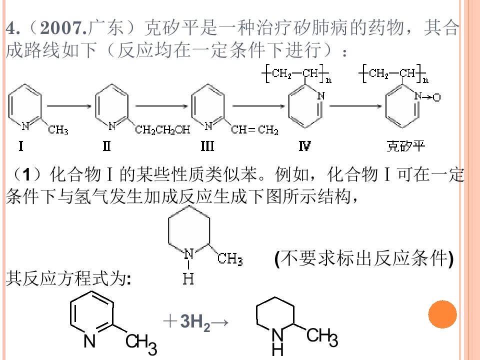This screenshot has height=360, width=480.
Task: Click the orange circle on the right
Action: [x=442, y=314]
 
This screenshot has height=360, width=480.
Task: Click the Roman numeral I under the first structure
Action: [x=21, y=146]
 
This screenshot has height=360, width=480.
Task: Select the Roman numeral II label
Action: [x=106, y=146]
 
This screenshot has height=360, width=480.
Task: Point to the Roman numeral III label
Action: [x=207, y=146]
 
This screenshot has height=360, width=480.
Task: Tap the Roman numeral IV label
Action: [x=305, y=146]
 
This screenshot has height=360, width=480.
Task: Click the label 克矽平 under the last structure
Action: [x=406, y=146]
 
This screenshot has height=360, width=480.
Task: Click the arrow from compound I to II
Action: [x=69, y=106]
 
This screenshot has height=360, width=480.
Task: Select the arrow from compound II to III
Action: [x=161, y=106]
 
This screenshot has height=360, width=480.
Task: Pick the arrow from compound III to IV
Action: [x=258, y=106]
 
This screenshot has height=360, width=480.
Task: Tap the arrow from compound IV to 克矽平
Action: [x=355, y=106]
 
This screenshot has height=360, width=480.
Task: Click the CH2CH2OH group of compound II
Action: [x=162, y=130]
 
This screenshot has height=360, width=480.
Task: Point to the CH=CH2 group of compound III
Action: [x=254, y=130]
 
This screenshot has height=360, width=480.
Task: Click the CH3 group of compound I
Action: [x=58, y=130]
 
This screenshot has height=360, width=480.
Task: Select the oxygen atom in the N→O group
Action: [x=436, y=97]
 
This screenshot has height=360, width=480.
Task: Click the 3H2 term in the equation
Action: [x=195, y=322]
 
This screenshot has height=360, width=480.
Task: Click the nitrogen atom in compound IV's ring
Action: [x=321, y=96]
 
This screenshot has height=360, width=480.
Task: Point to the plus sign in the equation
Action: [x=170, y=321]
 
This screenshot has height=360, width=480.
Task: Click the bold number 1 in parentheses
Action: [x=26, y=174]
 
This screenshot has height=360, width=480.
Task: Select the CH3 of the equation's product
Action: [x=322, y=336]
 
